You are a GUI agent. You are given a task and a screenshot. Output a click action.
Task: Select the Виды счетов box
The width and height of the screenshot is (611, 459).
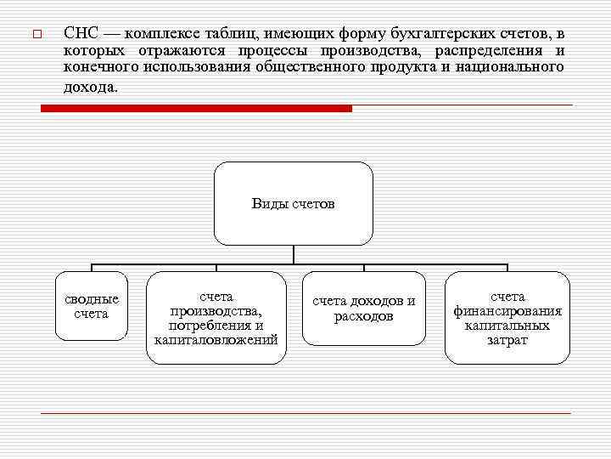click(293, 204)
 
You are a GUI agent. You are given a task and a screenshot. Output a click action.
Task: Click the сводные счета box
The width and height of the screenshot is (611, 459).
click(92, 306)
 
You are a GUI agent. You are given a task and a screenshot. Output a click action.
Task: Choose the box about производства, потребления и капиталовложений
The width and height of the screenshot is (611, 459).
click(216, 318)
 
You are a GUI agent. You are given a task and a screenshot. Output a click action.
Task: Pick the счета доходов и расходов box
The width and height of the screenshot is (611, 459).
click(364, 309)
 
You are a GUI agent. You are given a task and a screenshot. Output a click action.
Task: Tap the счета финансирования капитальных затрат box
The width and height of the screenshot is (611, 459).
click(507, 318)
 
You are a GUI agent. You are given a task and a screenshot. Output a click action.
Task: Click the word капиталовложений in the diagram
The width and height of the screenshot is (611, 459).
click(216, 340)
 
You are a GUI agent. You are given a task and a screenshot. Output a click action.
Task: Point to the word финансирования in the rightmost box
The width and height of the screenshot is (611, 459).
click(507, 311)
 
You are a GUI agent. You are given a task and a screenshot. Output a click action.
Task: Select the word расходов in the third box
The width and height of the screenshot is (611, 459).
click(364, 316)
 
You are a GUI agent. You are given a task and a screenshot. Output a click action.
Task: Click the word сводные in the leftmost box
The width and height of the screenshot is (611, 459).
click(92, 299)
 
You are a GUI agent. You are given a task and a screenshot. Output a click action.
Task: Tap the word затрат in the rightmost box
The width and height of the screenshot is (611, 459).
click(507, 340)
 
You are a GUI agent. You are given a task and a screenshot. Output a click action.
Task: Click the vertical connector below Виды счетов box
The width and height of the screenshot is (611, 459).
click(293, 254)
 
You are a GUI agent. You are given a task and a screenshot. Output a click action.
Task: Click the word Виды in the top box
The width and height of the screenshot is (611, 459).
click(269, 204)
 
